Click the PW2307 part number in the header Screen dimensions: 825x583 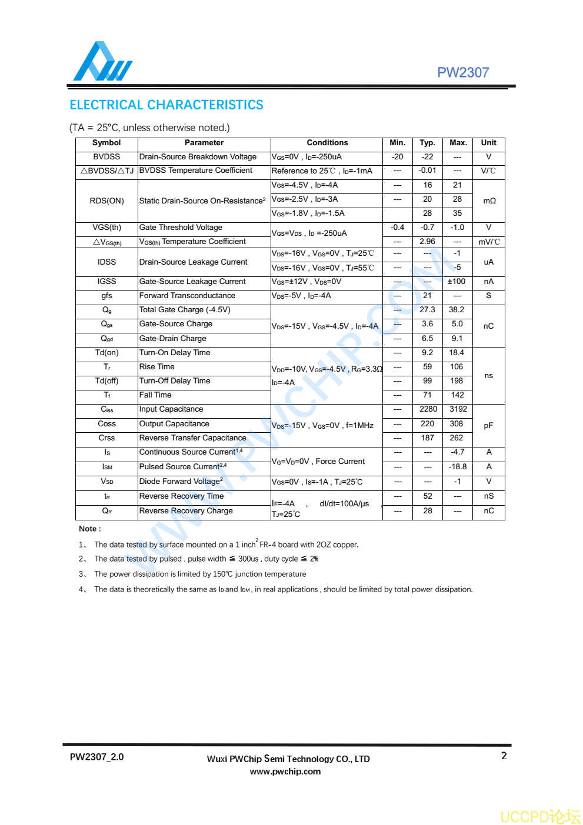(463, 72)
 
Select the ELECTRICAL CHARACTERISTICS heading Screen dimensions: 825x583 (166, 105)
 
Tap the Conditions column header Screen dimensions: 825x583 (327, 143)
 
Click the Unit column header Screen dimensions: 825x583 (488, 143)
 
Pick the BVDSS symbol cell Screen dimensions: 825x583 (106, 157)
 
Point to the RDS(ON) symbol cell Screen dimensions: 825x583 (106, 201)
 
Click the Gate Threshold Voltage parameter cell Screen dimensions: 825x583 (181, 228)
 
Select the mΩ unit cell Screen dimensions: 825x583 (489, 201)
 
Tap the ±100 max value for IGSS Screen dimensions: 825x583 (457, 282)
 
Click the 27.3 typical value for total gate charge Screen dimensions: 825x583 (427, 310)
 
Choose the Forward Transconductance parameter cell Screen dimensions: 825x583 (187, 296)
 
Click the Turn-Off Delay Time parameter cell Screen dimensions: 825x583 (175, 381)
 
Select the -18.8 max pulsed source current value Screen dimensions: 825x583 (458, 467)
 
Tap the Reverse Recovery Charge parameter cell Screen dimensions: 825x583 (186, 511)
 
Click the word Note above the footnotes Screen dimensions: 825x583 (89, 529)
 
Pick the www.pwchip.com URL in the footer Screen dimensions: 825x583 (285, 771)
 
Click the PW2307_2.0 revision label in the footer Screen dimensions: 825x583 (96, 757)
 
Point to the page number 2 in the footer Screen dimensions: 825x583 (504, 756)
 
